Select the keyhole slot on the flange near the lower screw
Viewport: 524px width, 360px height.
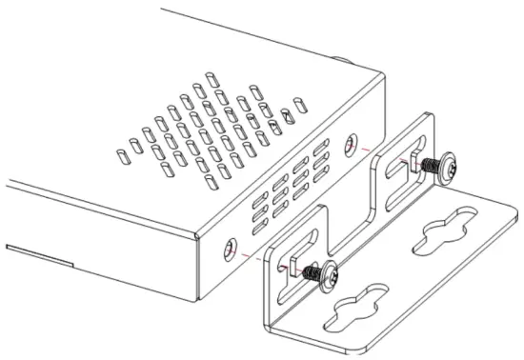pyautogui.click(x=353, y=310)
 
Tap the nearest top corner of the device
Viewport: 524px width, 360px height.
pyautogui.click(x=197, y=232)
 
